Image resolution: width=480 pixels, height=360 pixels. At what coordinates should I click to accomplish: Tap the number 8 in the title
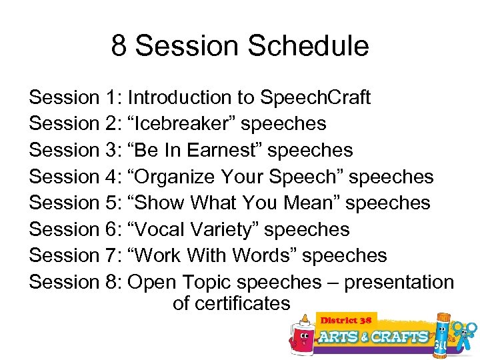(x=119, y=47)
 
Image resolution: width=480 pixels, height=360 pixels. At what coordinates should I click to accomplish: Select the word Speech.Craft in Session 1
(x=315, y=98)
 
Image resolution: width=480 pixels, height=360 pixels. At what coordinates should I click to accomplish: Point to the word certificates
(x=231, y=304)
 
